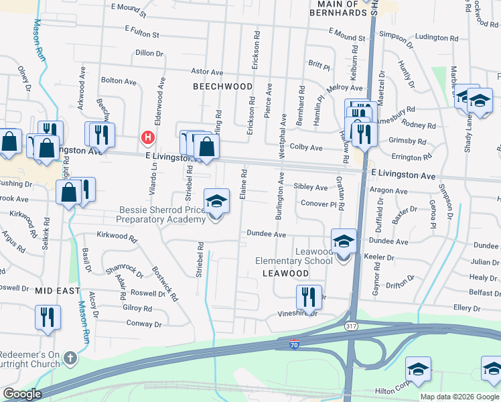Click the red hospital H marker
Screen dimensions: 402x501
point(148,138)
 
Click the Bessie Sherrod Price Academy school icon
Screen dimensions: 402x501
point(215,200)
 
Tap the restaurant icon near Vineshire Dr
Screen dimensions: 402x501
point(308,296)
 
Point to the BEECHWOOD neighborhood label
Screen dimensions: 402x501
point(223,86)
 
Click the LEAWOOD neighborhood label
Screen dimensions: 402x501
point(285,273)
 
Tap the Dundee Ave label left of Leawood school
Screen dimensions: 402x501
point(267,234)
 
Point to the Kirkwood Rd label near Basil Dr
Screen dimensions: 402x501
point(117,237)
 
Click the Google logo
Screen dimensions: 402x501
point(22,395)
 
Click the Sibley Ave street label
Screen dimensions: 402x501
point(311,188)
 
